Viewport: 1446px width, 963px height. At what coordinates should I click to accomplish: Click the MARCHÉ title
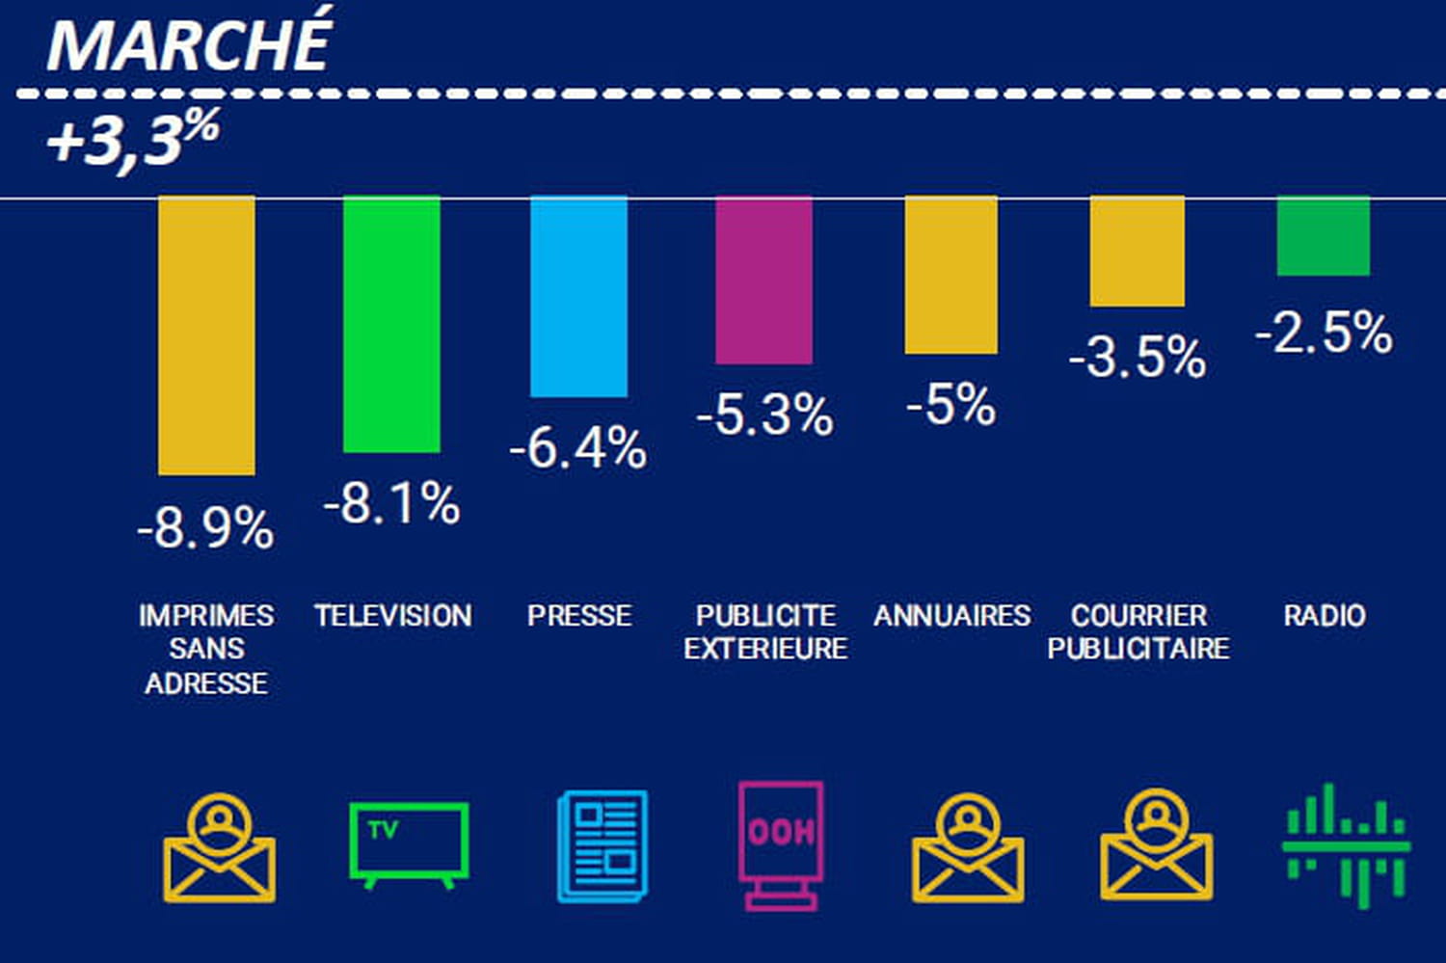[189, 44]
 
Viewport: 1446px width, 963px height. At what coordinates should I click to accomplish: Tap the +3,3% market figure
[133, 138]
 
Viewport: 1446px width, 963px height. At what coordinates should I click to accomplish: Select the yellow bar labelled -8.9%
[206, 335]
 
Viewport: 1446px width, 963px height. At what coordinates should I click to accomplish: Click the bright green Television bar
[391, 324]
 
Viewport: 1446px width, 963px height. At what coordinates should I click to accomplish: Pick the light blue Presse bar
[578, 296]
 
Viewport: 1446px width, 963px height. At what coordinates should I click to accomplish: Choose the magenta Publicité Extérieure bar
[763, 280]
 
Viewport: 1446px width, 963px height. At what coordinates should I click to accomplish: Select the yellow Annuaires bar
[951, 275]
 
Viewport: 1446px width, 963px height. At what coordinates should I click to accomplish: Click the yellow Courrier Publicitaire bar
[1138, 251]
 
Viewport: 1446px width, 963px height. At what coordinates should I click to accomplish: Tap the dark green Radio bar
[1323, 236]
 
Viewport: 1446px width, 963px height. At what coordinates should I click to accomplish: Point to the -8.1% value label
[391, 503]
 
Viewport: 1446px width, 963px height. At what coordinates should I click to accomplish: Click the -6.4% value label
[578, 448]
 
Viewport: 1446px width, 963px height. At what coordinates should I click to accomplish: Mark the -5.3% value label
[764, 415]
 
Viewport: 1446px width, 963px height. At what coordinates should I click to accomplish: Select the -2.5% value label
[1324, 333]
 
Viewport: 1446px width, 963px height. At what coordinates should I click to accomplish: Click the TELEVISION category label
[393, 615]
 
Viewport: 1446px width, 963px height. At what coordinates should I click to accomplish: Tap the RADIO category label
[1325, 615]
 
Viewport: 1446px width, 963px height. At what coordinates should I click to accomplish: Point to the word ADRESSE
[206, 682]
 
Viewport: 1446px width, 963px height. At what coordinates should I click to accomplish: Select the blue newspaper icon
[602, 846]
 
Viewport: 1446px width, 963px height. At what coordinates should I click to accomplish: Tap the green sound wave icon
[1346, 845]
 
